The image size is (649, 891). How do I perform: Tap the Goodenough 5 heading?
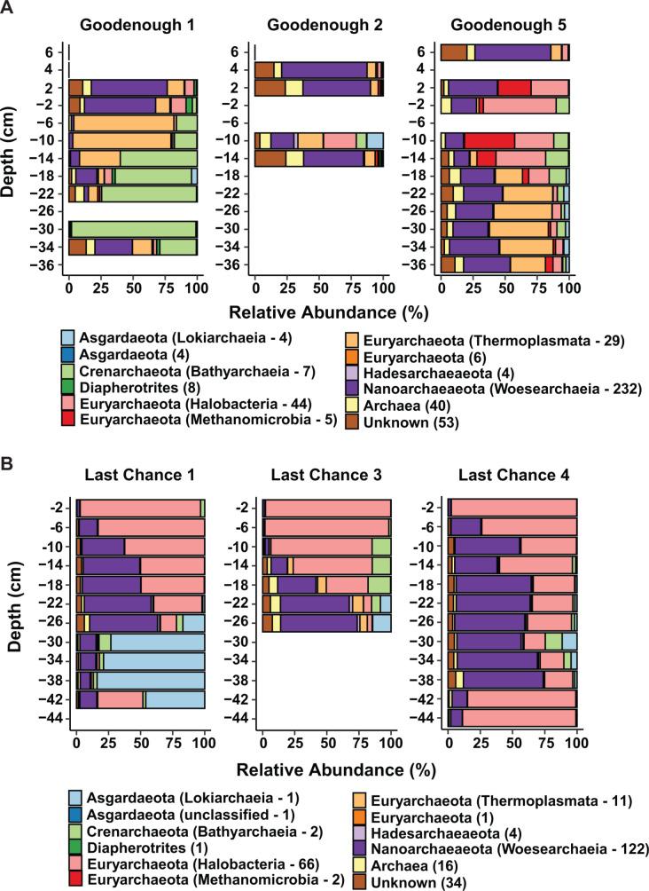pyautogui.click(x=504, y=21)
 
